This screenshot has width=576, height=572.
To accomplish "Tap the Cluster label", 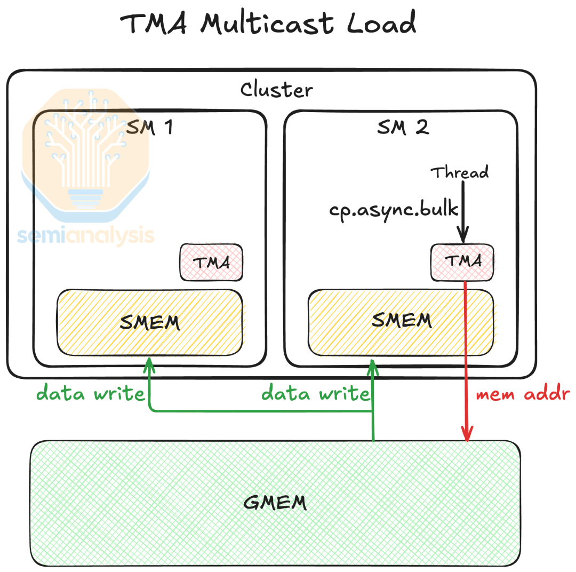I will [276, 89].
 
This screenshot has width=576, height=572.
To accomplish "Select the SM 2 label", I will [403, 127].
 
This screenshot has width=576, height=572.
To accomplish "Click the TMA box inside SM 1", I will [211, 263].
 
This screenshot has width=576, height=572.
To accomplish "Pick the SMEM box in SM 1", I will [150, 322].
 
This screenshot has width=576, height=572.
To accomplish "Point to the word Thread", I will [460, 172].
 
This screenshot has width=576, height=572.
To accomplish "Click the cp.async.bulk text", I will [394, 209].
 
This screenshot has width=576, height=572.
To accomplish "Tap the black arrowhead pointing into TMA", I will [463, 235].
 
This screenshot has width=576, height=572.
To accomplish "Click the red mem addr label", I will [522, 394].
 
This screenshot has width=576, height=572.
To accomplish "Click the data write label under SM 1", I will [91, 394].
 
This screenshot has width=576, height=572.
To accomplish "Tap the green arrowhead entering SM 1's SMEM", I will [149, 364].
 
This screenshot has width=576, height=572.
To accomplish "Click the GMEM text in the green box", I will [275, 502].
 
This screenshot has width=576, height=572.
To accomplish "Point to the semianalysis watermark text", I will [85, 235].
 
